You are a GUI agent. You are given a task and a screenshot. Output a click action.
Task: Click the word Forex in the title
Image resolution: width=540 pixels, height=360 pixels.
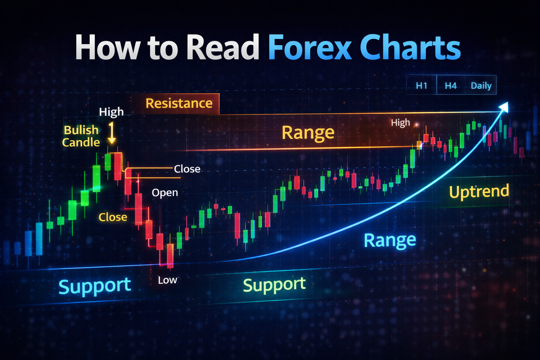(x=309, y=47)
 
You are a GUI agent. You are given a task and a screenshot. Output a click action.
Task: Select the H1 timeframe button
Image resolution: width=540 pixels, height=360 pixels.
(x=421, y=85)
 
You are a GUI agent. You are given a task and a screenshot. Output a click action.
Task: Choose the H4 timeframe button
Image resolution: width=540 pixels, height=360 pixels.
(x=450, y=85)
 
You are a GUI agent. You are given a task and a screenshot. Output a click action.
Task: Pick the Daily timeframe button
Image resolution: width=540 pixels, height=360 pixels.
(x=481, y=85)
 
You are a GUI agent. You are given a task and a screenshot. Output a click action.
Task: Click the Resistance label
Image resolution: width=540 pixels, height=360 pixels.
(x=179, y=103)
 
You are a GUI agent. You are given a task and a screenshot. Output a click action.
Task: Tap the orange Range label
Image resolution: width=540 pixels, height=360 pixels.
(x=308, y=133)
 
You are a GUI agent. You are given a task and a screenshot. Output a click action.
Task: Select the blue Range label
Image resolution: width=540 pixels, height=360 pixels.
(x=390, y=240)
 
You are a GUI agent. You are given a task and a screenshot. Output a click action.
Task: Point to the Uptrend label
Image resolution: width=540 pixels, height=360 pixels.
(x=479, y=192)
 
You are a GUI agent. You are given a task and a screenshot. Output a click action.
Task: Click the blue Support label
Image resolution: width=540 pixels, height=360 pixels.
(x=95, y=286)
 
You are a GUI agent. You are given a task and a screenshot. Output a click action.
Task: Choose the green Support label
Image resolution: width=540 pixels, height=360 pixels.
(x=274, y=285)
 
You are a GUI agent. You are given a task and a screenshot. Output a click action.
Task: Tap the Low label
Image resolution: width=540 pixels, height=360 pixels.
(x=167, y=280)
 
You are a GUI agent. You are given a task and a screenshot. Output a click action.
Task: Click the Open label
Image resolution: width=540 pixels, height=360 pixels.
(x=165, y=192)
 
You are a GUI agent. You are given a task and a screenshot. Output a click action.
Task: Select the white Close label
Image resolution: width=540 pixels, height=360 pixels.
(x=187, y=169)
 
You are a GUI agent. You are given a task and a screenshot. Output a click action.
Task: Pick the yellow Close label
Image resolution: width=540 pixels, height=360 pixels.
(x=113, y=217)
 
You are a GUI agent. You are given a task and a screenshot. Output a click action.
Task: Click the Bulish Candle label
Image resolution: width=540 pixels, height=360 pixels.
(x=81, y=136)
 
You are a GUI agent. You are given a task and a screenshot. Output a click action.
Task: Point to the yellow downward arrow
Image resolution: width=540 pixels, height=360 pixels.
(x=112, y=134)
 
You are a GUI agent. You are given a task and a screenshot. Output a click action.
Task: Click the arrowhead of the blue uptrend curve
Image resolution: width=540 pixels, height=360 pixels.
(x=504, y=107)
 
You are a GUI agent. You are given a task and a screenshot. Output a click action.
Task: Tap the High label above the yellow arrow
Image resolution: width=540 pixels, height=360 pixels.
(x=111, y=112)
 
